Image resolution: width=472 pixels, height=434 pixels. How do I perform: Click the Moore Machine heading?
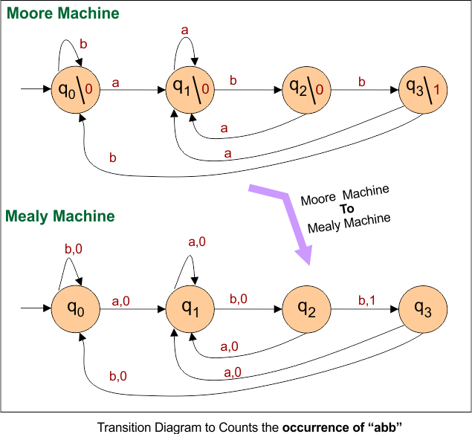[62, 13]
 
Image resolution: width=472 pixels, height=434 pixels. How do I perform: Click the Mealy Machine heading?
[60, 216]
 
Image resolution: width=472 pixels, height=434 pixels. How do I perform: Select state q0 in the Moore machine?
[74, 91]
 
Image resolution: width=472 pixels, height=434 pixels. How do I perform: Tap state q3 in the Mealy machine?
[421, 309]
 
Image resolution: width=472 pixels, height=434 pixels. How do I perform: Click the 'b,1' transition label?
[368, 300]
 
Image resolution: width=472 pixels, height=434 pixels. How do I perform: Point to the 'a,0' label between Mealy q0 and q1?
[121, 299]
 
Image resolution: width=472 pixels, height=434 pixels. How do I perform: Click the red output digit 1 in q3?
[437, 90]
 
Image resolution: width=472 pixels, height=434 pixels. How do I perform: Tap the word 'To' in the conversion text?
[347, 209]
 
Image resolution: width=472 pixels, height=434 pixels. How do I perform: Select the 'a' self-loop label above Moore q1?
[185, 30]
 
